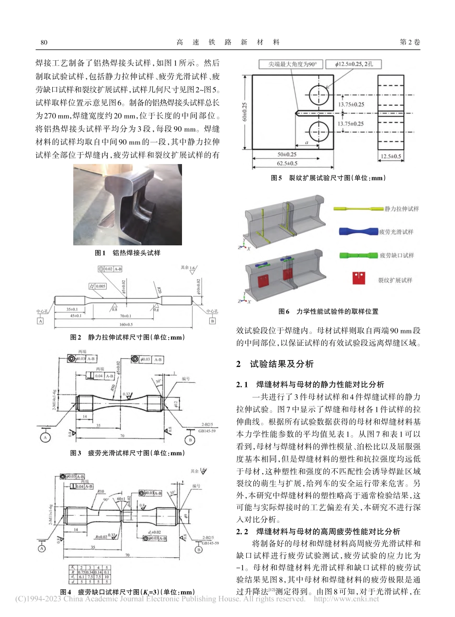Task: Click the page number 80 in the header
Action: coord(44,42)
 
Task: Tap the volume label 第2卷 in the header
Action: coord(409,42)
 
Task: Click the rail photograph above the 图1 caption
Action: coord(121,204)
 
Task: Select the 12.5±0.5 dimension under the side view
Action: coord(391,156)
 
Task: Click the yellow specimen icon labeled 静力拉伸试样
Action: coord(359,209)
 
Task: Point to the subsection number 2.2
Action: coord(242,531)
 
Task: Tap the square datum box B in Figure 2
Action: coord(212,321)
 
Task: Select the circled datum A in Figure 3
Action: coord(46,438)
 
